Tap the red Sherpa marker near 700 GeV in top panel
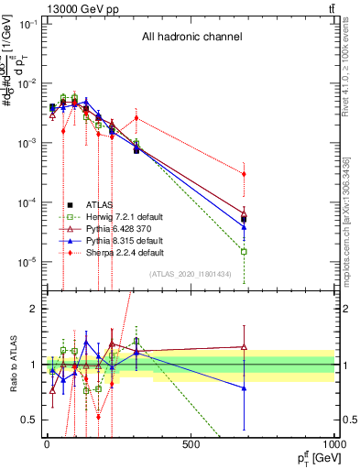[244, 174]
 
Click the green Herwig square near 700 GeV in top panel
[244, 251]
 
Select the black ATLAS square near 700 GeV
[244, 219]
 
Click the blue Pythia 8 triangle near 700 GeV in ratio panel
[244, 388]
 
